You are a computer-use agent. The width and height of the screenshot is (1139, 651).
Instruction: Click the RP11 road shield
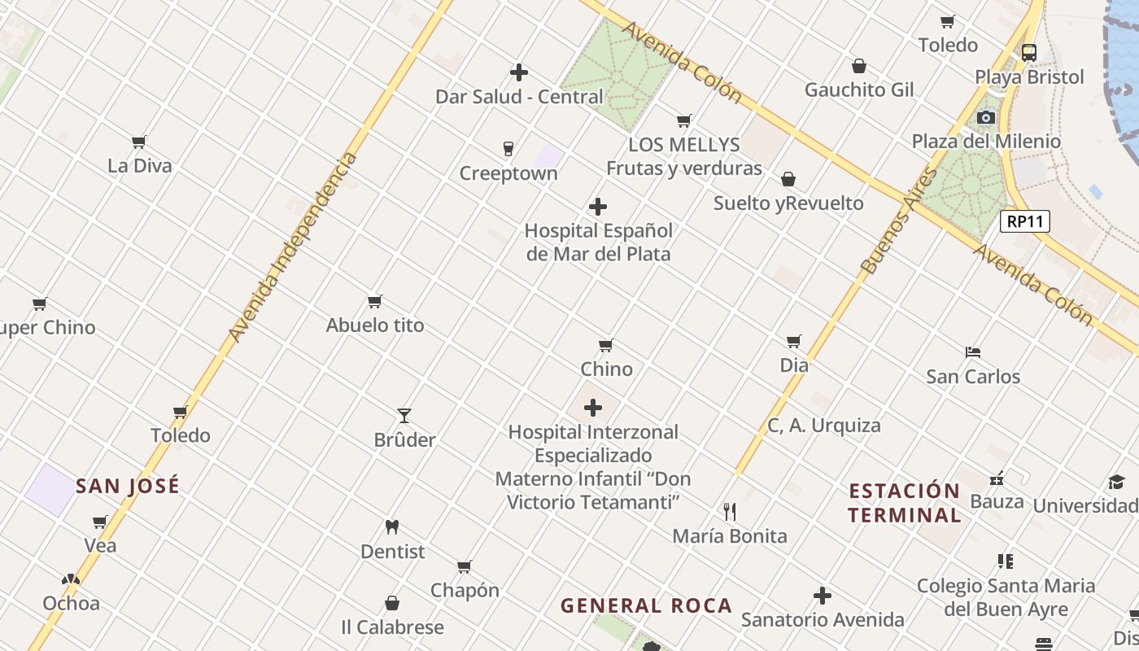point(1025,221)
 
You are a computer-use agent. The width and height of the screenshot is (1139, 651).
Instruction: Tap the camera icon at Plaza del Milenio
point(985,117)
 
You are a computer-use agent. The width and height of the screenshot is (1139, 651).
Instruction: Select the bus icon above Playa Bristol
point(1029,53)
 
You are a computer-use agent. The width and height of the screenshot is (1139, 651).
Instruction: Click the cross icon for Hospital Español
point(598,207)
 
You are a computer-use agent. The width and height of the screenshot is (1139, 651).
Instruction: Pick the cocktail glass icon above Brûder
point(404,416)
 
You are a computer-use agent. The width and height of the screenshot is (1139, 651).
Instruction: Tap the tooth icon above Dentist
point(392,527)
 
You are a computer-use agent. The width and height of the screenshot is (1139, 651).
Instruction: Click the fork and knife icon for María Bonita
point(730,512)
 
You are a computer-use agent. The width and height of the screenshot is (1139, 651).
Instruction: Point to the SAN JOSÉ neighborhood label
point(128,487)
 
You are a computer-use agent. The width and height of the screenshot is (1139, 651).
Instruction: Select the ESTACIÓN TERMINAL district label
point(904,503)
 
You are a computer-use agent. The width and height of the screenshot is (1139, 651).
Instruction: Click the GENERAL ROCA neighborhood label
point(647,605)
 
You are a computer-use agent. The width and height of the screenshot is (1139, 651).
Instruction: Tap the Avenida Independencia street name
point(293,247)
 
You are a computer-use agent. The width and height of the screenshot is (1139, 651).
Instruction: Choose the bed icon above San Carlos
point(973,352)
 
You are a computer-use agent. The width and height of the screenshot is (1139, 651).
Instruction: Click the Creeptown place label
point(508,173)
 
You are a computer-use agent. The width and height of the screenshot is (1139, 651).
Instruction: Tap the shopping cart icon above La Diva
point(139,142)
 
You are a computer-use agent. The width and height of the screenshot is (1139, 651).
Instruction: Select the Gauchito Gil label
point(859,90)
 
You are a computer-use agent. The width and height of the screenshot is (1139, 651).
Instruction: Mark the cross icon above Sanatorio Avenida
point(823,596)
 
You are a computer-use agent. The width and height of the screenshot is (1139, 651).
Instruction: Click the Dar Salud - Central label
point(519,97)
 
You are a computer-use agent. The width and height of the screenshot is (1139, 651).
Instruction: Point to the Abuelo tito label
point(375,325)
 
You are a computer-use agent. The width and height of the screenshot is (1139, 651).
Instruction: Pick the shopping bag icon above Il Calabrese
point(392,603)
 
